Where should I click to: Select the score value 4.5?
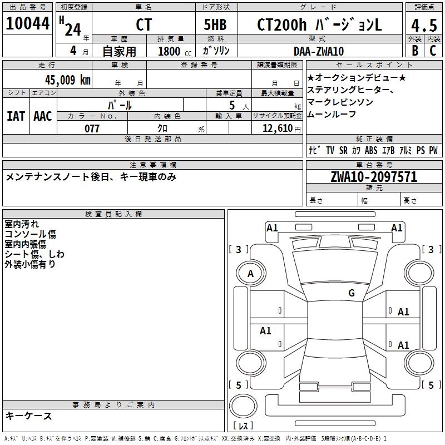(424, 26)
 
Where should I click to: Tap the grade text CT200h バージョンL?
(319, 25)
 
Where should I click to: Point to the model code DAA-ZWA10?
(319, 51)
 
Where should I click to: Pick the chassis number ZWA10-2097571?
(374, 177)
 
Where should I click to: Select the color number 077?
(92, 128)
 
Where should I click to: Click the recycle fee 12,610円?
(277, 128)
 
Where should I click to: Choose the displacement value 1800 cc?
(173, 52)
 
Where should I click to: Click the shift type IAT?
(16, 116)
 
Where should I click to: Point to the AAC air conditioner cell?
(43, 116)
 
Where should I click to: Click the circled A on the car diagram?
(250, 274)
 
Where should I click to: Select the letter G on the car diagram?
(351, 293)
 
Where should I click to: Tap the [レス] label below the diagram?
(243, 426)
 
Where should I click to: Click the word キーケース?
(29, 416)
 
